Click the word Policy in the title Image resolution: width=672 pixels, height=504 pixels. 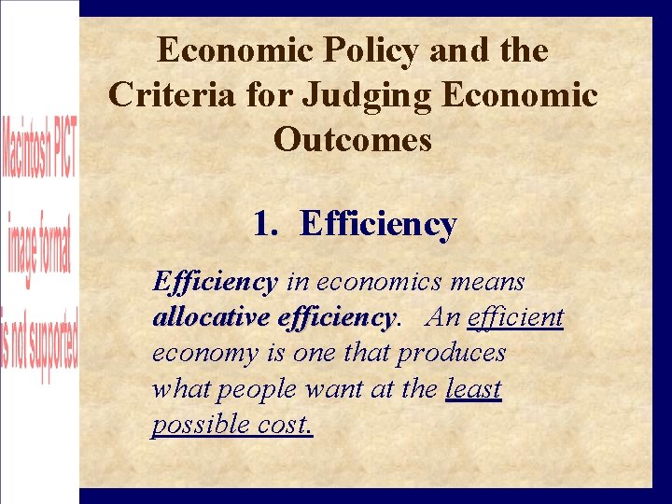369,51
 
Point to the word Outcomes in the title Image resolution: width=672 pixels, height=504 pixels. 353,140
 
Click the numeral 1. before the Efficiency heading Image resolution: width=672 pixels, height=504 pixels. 265,224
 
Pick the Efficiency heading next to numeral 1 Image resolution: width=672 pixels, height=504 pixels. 378,225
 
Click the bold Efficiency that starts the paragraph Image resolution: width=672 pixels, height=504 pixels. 215,281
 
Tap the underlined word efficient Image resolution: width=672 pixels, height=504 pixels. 516,317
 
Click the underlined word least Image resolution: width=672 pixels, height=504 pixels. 474,388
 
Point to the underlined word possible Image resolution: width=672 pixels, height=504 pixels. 198,425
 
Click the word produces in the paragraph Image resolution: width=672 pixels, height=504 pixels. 451,354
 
